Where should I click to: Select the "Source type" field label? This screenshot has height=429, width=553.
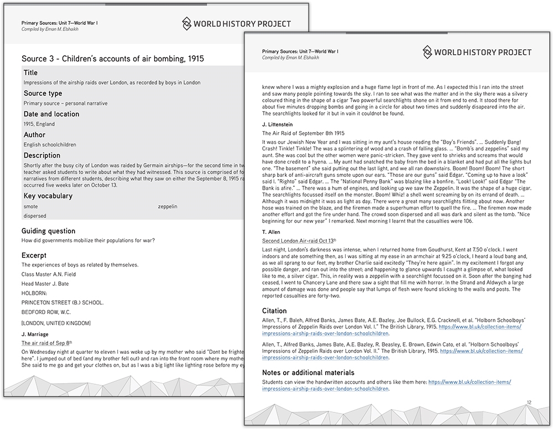tap(43, 93)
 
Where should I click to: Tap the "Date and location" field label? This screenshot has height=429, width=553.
tap(51, 114)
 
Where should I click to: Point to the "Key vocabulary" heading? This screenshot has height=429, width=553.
tap(48, 196)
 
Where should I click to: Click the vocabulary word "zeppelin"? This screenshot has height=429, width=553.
tap(168, 206)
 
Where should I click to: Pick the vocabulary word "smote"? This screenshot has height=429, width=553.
tap(31, 206)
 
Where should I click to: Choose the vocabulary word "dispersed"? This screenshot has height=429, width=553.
tap(35, 216)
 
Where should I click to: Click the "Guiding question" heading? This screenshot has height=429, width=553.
tap(48, 231)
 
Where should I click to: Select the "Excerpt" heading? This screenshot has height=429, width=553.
tap(34, 255)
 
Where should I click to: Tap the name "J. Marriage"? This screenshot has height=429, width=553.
tap(35, 334)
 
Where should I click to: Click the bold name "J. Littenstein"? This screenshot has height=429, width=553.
tap(277, 124)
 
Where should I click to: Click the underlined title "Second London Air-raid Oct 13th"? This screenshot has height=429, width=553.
tap(299, 241)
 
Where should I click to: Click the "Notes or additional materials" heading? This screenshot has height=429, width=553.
tap(308, 373)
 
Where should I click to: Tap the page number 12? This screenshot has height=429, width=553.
tap(529, 402)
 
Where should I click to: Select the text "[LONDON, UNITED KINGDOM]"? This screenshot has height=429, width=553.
tap(56, 323)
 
